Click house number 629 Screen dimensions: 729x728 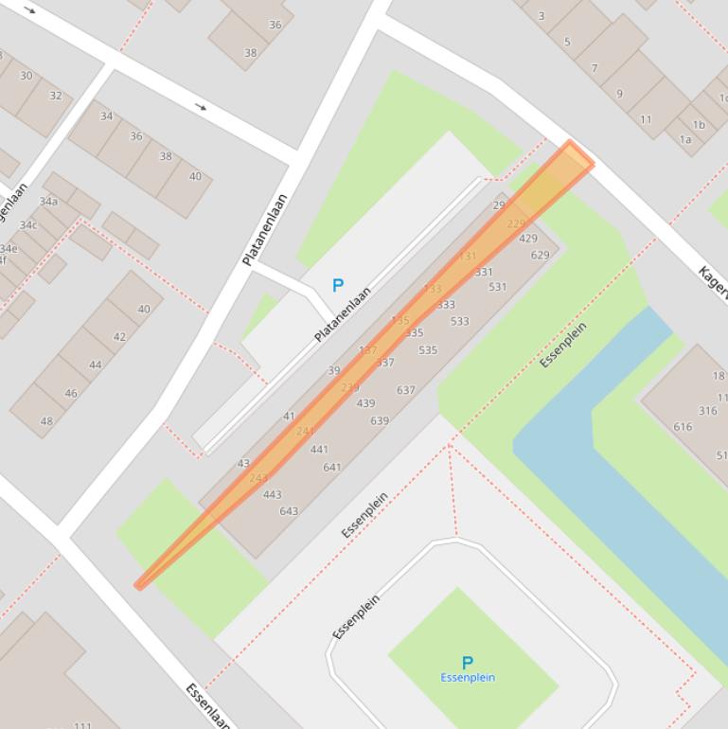540,255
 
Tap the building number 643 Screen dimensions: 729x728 289,511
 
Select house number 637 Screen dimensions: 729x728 405,390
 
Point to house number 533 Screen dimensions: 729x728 459,322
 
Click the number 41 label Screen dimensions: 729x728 289,417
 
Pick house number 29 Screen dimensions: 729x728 499,205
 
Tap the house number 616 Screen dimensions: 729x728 683,427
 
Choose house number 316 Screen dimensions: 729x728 707,411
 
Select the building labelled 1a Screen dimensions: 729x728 684,139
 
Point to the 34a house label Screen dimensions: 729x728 48,202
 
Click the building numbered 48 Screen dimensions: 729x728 45,421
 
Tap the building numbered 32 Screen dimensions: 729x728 55,96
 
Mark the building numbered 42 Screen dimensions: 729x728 119,337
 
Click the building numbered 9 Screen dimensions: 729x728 619,94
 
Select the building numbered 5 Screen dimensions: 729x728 567,42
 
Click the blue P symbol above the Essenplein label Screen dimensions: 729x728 467,663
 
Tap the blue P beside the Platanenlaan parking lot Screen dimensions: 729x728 337,285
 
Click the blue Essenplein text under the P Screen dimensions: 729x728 467,678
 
